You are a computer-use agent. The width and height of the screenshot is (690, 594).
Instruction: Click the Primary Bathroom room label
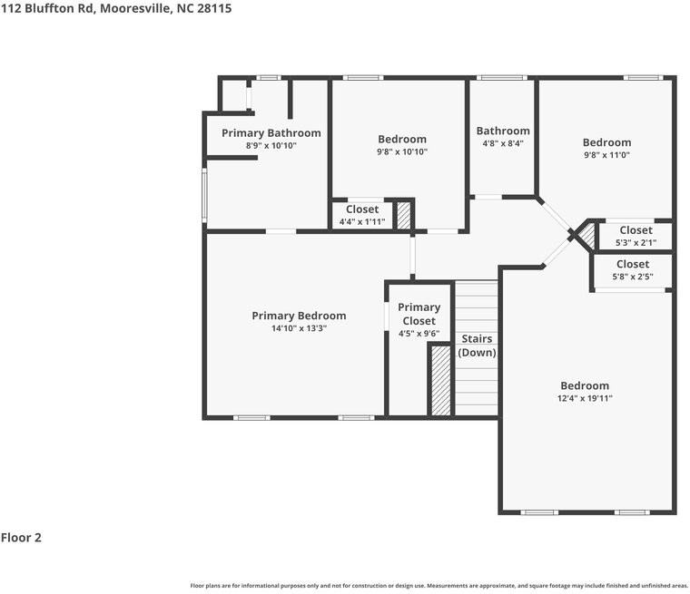(271, 133)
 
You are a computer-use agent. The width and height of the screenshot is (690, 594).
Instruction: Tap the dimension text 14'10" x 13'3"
(299, 328)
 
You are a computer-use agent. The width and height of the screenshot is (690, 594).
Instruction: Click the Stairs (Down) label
(477, 346)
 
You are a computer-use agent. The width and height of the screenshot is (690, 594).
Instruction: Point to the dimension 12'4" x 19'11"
(584, 398)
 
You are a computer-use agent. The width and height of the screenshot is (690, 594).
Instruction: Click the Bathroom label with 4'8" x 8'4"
(502, 131)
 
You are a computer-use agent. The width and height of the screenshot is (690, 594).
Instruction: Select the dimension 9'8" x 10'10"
(402, 151)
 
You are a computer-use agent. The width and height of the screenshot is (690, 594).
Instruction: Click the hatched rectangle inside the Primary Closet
(439, 380)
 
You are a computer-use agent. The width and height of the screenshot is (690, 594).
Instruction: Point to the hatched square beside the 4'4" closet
(404, 215)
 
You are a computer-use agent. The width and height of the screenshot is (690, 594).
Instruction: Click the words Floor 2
(21, 537)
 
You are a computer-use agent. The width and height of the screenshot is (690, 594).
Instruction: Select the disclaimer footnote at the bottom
(439, 585)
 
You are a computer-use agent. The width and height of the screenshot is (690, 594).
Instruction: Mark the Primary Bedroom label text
(299, 316)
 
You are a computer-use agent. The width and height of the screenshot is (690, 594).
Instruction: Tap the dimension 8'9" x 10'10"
(271, 146)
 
